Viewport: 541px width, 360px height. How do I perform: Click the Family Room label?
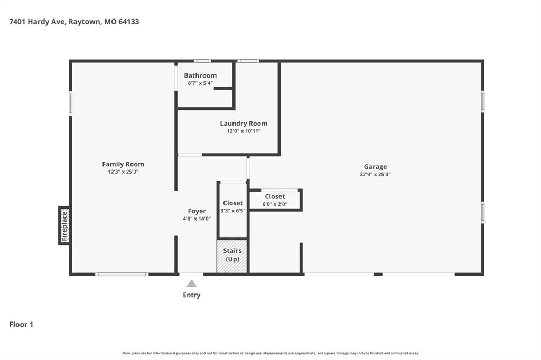[123, 164]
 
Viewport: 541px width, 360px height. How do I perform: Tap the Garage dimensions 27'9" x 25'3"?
[375, 175]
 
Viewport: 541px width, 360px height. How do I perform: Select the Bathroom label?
[200, 75]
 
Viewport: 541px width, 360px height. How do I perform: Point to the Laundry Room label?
[244, 124]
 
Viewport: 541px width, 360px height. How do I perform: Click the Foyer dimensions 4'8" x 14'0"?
[197, 219]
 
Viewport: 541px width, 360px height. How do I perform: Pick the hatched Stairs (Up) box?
[232, 256]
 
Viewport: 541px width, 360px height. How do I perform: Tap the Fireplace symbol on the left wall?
[64, 226]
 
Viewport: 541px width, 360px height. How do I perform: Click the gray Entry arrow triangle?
[191, 283]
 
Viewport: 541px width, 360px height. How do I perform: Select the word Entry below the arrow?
[191, 295]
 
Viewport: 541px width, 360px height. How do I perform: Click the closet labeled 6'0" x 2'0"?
[275, 200]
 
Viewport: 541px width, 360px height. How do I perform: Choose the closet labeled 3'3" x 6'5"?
[233, 210]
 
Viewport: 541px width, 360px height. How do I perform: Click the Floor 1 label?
[21, 325]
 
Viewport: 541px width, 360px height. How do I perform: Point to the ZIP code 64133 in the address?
[129, 22]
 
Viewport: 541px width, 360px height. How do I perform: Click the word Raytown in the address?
[85, 22]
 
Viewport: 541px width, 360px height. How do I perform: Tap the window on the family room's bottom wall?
[122, 274]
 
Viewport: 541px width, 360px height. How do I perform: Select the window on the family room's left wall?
[70, 103]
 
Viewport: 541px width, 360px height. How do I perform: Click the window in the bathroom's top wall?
[202, 61]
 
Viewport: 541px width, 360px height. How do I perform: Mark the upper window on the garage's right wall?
[483, 101]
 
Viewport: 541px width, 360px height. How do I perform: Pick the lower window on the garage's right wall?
[483, 212]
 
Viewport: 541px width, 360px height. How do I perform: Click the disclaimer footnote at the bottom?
[270, 353]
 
